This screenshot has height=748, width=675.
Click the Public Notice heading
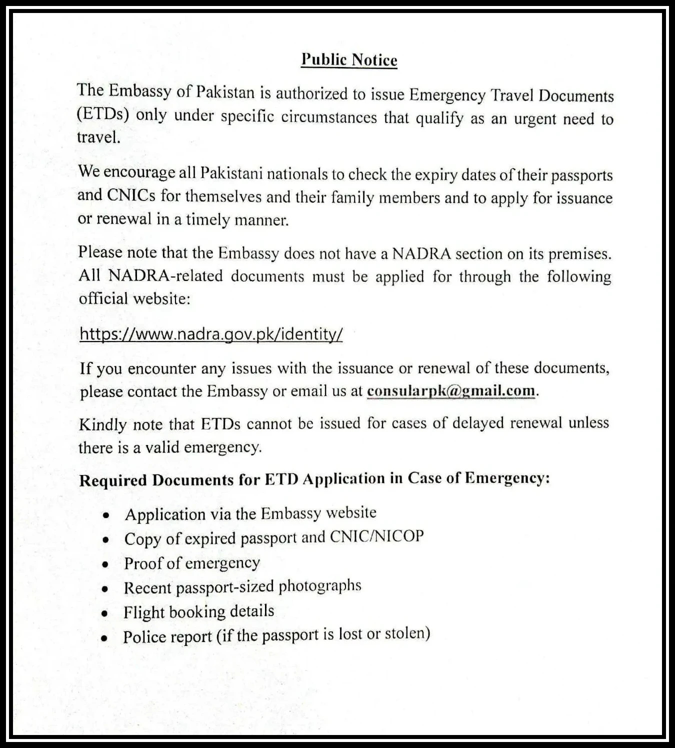click(x=349, y=60)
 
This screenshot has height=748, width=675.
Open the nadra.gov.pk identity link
click(x=211, y=334)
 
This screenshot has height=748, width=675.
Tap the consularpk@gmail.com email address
click(x=450, y=390)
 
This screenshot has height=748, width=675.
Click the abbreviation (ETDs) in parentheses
click(x=103, y=114)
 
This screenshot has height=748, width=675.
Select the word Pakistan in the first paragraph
click(x=225, y=92)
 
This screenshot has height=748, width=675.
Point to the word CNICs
click(x=131, y=195)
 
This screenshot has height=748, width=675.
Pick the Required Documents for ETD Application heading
click(x=314, y=479)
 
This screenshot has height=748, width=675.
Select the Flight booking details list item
click(x=199, y=611)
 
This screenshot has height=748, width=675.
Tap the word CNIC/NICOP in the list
click(x=376, y=536)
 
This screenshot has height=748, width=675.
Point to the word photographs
click(x=319, y=585)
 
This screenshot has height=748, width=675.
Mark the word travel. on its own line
click(x=98, y=137)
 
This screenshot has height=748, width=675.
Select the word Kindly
click(x=102, y=425)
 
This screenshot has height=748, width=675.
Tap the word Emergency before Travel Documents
click(x=447, y=95)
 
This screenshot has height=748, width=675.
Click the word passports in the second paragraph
click(x=582, y=175)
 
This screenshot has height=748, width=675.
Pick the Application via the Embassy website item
click(x=250, y=513)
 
